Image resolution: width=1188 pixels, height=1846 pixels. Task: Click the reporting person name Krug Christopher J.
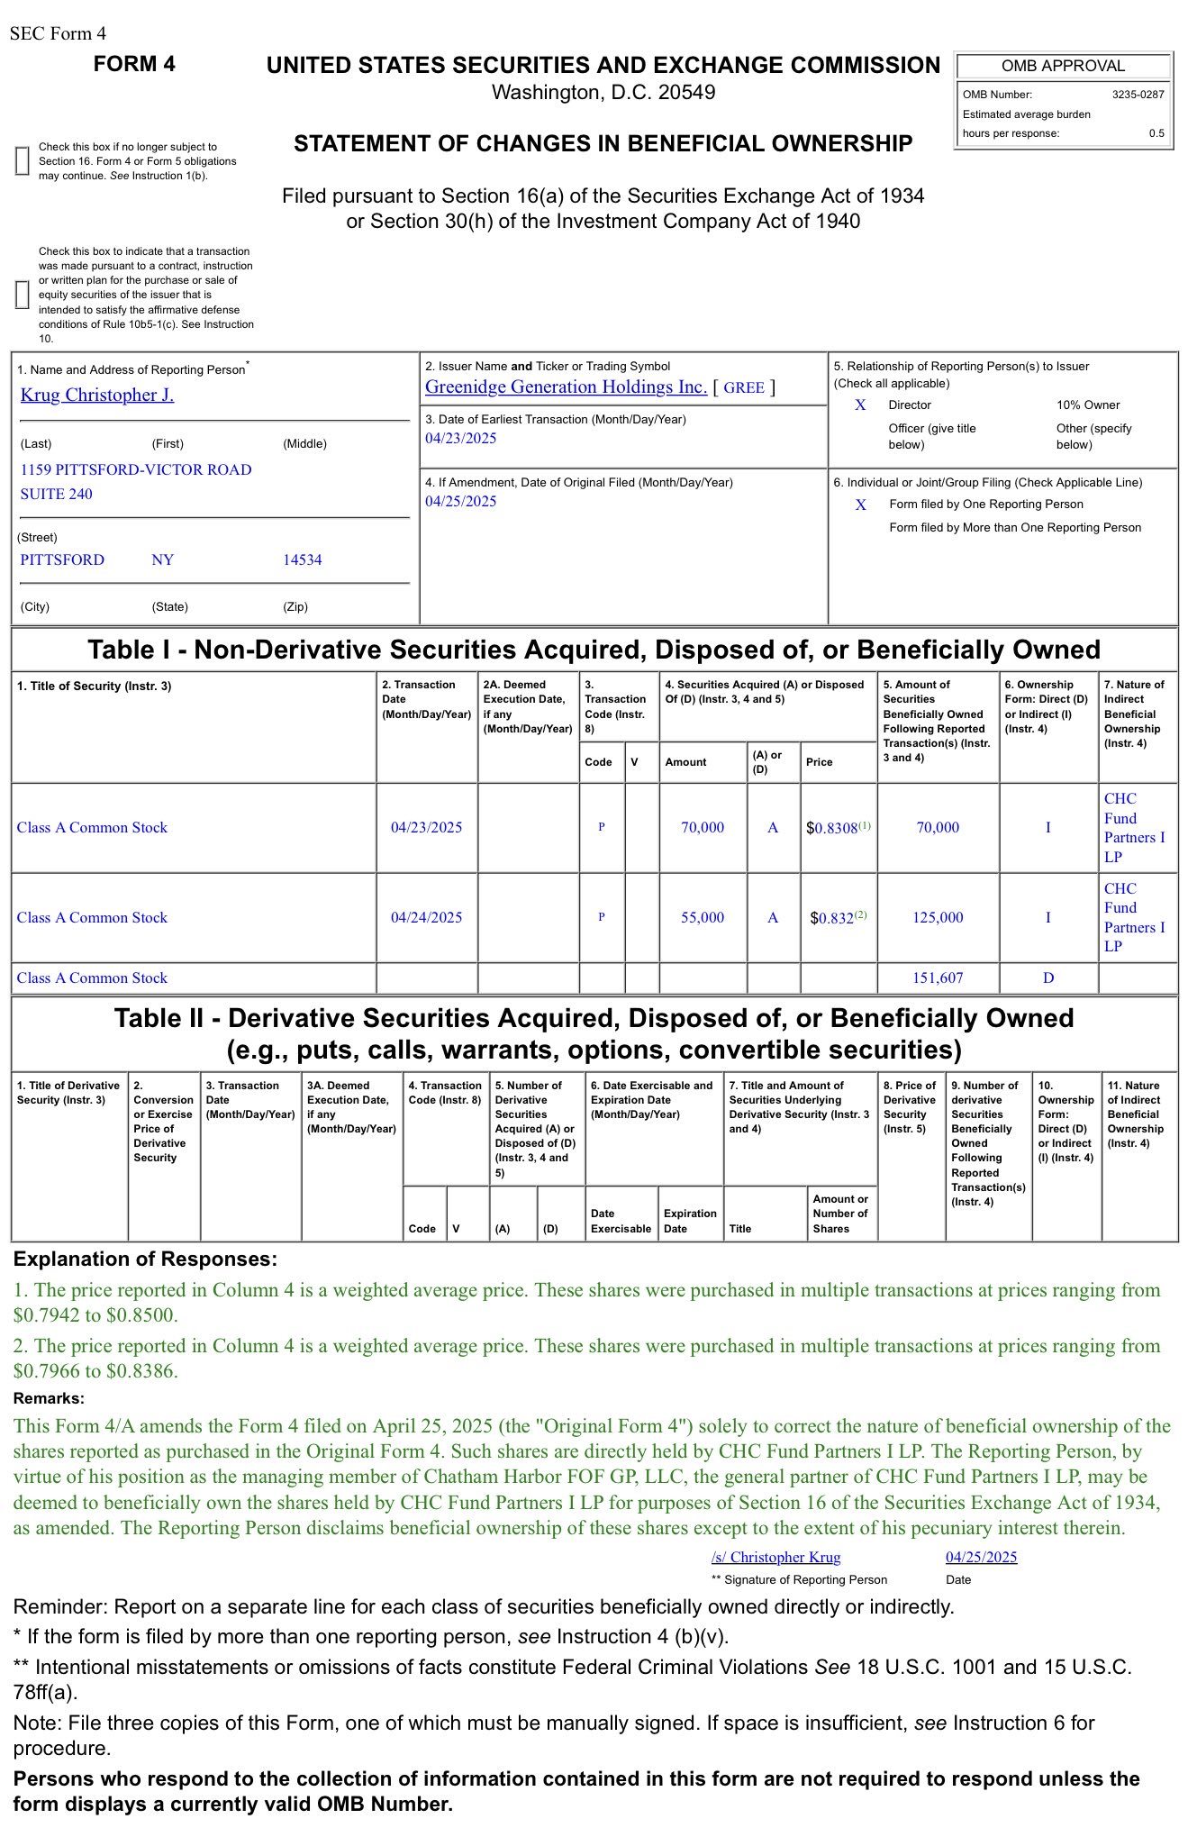97,395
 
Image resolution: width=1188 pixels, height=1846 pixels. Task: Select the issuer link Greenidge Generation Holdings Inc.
566,386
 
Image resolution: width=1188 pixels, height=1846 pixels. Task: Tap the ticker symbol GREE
744,387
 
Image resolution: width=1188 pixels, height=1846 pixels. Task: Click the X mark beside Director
860,405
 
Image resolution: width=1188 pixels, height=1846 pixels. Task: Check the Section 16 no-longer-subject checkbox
23,160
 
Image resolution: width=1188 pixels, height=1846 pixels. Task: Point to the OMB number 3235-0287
1138,95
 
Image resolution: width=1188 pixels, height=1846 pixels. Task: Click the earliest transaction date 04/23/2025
460,439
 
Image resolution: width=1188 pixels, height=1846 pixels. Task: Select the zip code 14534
302,559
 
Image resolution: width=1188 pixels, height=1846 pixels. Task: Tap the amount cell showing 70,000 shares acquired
702,827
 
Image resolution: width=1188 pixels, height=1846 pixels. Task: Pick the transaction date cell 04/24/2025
426,917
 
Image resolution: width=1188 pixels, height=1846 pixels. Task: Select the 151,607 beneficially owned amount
938,978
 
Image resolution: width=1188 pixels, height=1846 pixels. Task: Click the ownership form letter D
1047,978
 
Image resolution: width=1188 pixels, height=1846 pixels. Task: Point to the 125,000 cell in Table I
938,917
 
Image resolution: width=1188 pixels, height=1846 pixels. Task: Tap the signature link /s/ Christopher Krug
775,1557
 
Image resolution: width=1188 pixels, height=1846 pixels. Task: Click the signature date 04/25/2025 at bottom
981,1557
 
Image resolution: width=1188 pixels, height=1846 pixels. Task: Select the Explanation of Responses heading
145,1259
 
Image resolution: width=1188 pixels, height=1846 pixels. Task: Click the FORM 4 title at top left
134,64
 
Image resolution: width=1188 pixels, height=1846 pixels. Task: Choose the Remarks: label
49,1398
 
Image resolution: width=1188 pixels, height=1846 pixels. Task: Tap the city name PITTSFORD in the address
62,559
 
